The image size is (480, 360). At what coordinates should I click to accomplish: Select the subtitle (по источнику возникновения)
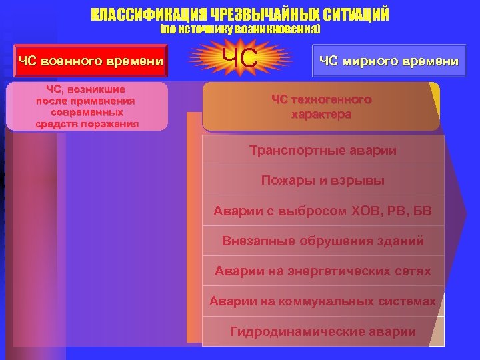241,31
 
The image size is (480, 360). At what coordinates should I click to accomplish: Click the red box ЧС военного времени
91,61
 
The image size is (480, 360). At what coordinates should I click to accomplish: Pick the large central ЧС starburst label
241,59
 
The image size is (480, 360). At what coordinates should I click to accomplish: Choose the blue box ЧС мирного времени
389,61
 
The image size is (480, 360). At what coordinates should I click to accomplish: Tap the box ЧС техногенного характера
321,107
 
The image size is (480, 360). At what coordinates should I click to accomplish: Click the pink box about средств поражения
87,106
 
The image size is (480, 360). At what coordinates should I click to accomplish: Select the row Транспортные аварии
323,151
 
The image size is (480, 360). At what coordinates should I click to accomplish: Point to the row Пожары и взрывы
323,181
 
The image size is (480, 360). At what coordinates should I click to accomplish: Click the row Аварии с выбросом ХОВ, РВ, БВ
323,211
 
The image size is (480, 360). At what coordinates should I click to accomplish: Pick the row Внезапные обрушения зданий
323,241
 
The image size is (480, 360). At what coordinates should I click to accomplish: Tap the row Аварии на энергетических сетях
323,271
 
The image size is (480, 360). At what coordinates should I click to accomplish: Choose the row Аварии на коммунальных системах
323,301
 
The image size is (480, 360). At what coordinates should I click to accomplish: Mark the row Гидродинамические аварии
323,331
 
